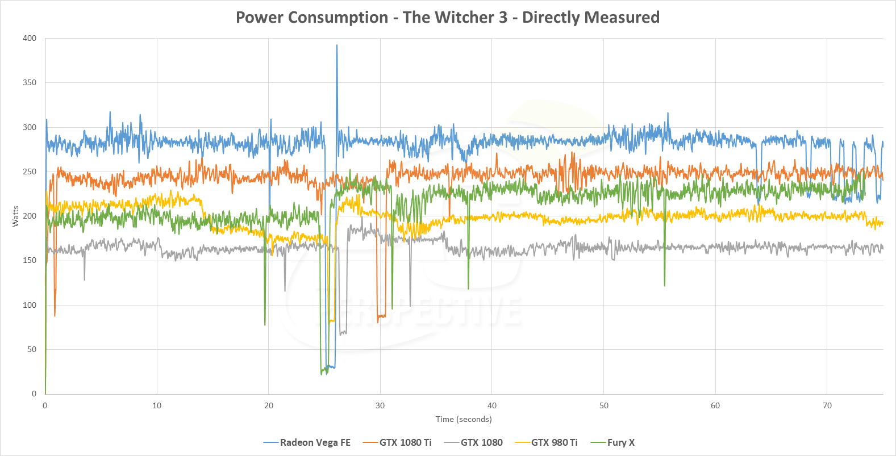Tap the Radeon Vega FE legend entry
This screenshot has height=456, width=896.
point(315,442)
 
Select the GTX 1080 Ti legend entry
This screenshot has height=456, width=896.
point(405,442)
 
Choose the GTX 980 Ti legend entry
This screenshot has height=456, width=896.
point(554,442)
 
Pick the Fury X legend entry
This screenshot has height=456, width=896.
point(620,442)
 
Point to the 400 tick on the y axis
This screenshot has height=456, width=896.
point(30,39)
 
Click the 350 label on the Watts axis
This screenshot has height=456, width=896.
point(30,83)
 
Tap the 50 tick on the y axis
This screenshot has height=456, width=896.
point(32,350)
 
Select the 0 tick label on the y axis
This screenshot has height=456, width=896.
point(34,394)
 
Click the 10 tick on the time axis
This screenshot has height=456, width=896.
point(157,405)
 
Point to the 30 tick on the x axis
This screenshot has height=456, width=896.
point(380,405)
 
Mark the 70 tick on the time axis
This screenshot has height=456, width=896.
point(827,405)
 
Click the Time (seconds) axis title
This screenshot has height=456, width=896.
point(464,419)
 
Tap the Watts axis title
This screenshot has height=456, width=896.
point(15,216)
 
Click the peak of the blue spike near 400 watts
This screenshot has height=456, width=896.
point(337,45)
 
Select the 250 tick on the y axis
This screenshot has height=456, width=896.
point(30,172)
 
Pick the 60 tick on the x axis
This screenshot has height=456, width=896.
point(715,405)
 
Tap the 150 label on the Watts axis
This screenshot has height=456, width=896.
point(30,261)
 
